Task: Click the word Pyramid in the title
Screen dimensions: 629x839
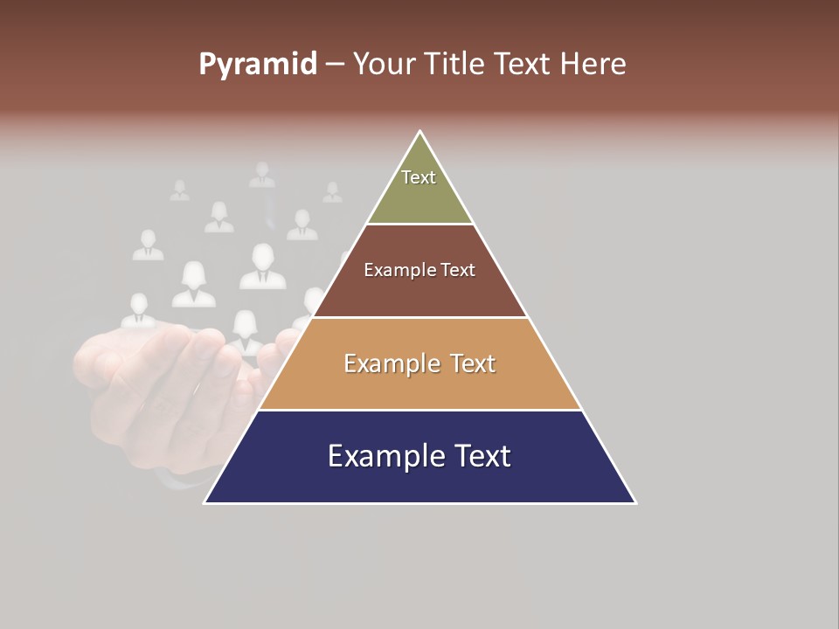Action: coord(257,65)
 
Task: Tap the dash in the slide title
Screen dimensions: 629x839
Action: coord(335,65)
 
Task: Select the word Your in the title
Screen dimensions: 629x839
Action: coord(384,65)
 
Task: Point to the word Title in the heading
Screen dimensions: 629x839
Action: coord(454,65)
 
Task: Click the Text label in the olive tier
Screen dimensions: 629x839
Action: coord(419,177)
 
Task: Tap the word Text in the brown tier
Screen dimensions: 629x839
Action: coord(458,270)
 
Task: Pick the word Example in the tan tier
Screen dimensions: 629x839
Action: coord(389,363)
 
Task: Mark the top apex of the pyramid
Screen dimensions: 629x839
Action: coord(420,132)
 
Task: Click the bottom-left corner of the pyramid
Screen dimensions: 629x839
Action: coord(205,502)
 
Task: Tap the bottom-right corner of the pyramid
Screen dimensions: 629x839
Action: coord(635,502)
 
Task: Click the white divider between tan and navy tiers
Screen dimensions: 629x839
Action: coord(420,410)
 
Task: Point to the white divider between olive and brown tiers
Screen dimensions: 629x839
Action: coord(420,225)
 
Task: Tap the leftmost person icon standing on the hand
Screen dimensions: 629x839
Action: coord(138,311)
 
